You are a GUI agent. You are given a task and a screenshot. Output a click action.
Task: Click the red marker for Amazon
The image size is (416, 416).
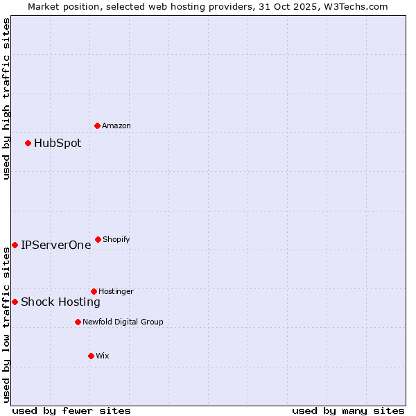point(97,125)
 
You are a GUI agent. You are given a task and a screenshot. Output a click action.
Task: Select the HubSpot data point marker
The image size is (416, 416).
point(28,143)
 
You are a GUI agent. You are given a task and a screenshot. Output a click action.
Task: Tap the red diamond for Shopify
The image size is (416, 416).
point(98,239)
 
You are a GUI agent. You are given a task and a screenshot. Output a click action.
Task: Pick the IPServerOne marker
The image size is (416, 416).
point(15,245)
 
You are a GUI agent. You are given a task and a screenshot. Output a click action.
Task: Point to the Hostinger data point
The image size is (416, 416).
point(94,291)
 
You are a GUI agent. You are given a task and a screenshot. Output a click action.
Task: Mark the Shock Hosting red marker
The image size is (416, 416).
point(15,302)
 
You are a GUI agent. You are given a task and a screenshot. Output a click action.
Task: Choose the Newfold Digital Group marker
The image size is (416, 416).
point(78,322)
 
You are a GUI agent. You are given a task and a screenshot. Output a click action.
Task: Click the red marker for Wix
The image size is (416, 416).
point(91,356)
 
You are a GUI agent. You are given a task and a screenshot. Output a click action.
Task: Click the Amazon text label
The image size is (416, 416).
point(116,125)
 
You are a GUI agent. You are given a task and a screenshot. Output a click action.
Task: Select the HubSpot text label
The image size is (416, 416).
point(58,144)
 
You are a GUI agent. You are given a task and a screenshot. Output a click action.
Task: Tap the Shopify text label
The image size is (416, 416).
point(116,239)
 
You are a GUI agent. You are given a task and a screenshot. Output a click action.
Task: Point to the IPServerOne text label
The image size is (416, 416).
point(55,245)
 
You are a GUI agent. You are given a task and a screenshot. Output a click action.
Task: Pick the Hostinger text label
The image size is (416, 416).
point(116,291)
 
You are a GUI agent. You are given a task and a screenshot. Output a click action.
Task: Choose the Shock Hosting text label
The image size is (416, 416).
point(60,302)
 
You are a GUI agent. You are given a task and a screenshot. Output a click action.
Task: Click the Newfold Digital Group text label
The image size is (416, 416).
point(123,322)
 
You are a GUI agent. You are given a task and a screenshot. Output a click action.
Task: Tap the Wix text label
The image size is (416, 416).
point(103,356)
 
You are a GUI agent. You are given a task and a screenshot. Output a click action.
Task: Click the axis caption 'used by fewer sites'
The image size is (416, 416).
point(71,410)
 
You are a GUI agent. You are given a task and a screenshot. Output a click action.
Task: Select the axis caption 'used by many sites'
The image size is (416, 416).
point(348,410)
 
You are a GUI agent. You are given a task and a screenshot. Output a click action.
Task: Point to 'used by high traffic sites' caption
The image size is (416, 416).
point(6,98)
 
